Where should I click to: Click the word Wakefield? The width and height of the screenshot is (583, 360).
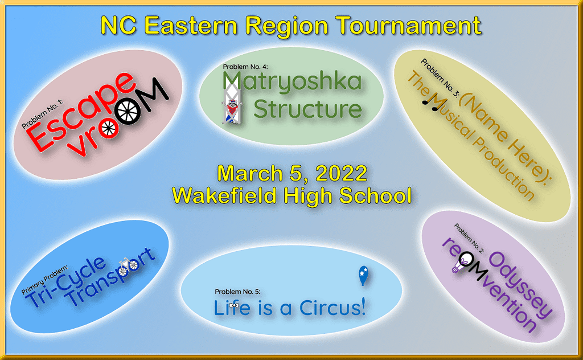point(224,195)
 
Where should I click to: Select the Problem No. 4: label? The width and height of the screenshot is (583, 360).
point(245,67)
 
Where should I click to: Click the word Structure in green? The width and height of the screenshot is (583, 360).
point(307,109)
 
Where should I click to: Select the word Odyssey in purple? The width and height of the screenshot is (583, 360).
point(520,285)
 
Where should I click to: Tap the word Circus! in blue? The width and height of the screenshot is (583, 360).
point(332,308)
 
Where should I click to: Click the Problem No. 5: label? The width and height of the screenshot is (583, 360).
point(237,292)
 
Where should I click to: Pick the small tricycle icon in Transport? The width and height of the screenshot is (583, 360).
point(129,264)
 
